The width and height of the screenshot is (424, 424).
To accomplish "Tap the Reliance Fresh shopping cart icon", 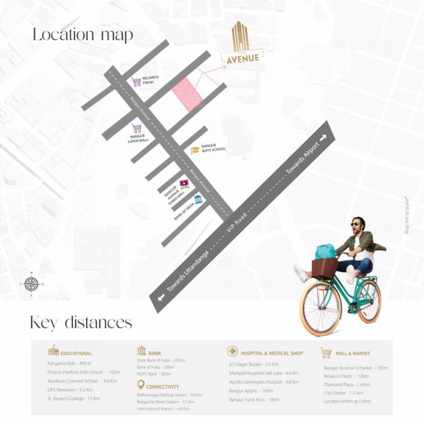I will click(x=136, y=82).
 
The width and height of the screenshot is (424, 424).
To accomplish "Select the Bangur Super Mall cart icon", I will click(x=136, y=129).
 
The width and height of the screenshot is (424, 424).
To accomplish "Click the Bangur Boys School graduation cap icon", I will click(x=195, y=150).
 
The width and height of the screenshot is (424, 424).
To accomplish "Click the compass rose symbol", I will click(x=31, y=284).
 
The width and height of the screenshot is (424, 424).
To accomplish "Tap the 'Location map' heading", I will click(x=83, y=35).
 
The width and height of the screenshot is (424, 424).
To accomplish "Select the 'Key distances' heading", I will click(x=81, y=322).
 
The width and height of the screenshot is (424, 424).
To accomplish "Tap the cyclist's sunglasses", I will click(x=357, y=224).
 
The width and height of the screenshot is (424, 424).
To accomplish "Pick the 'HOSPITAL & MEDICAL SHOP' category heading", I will click(x=272, y=353).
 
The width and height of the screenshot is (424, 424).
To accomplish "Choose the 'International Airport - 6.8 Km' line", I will click(x=163, y=409).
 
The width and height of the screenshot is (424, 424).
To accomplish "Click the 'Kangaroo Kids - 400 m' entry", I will click(x=69, y=364).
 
